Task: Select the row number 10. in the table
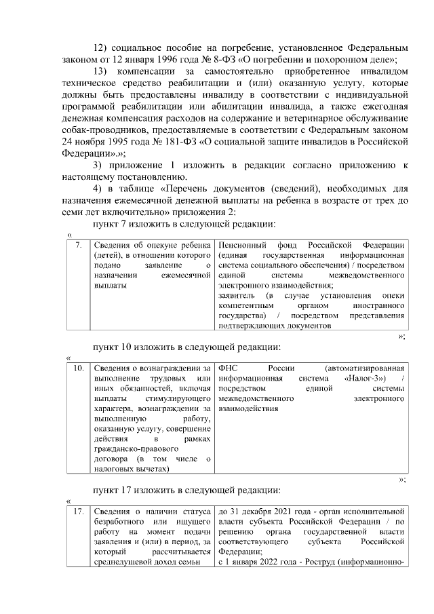pos(79,368)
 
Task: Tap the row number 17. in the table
pos(79,510)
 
